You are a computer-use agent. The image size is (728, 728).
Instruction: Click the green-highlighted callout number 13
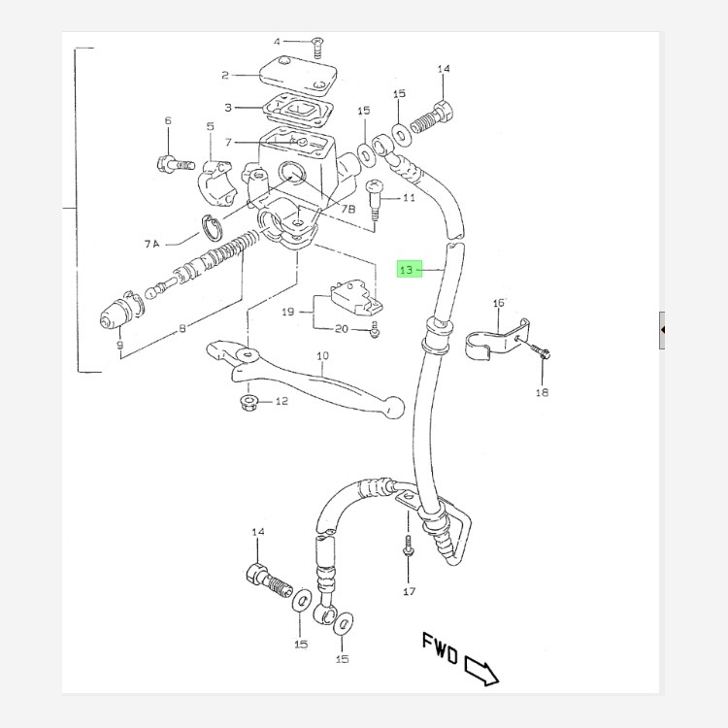point(407,269)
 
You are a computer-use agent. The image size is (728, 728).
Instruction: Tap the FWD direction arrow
point(480,670)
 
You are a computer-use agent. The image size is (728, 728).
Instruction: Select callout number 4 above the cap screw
point(277,42)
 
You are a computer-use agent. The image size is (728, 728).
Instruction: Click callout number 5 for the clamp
point(209,127)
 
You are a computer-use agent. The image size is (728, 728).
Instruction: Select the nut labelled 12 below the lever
point(248,401)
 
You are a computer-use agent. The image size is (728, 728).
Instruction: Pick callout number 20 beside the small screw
point(341,329)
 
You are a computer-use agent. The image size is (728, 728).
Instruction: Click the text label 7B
point(350,209)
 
